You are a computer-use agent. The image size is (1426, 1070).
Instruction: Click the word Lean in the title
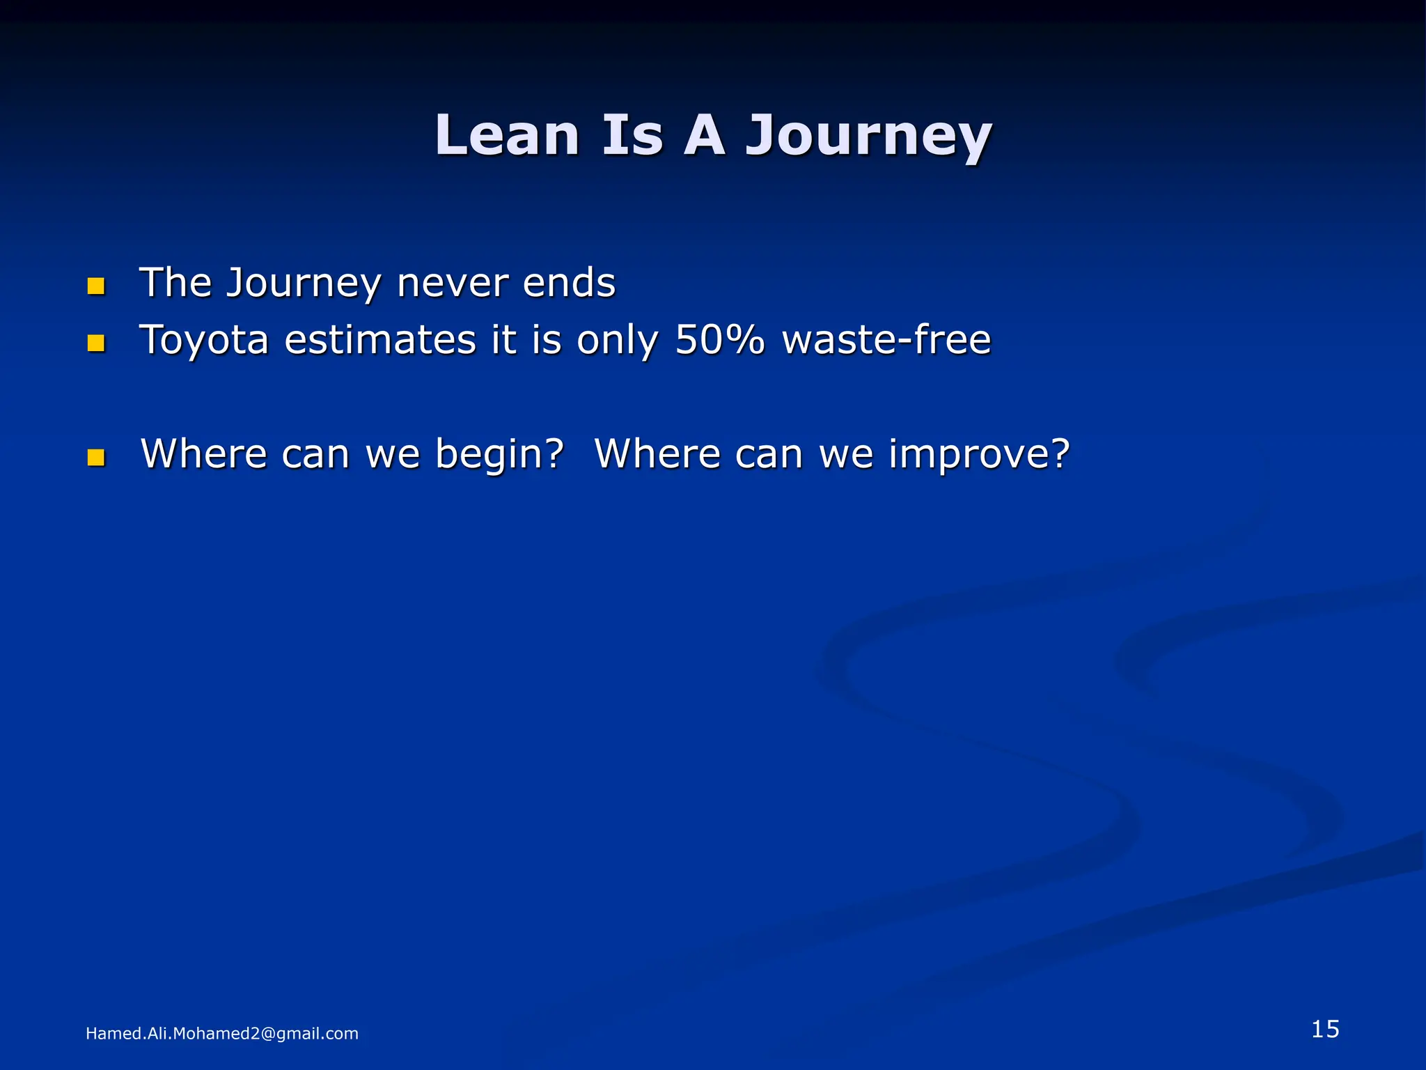pos(507,135)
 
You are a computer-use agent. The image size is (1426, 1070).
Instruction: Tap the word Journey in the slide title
pos(869,138)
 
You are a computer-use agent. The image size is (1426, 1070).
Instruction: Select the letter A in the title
pos(704,135)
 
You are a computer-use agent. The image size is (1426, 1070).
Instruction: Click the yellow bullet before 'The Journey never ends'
pos(96,286)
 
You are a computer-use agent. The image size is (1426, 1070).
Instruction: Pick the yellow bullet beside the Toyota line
pos(96,343)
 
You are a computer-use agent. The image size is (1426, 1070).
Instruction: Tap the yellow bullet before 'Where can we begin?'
pos(96,457)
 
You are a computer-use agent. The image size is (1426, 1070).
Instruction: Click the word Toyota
pos(204,341)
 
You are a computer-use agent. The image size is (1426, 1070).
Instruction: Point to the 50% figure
pos(720,340)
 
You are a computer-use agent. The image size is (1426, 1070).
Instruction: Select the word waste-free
pos(886,340)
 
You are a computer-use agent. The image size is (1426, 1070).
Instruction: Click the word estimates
pos(380,340)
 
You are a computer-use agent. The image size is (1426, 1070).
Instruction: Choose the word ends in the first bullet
pos(569,283)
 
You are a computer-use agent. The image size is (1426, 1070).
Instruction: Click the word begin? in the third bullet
pos(499,454)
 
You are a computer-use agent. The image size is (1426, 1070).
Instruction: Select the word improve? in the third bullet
pos(979,456)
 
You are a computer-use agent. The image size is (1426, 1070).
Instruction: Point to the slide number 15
pos(1325,1029)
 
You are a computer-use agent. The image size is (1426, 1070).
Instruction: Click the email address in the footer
pos(221,1034)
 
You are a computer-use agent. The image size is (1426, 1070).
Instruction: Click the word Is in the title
pos(632,135)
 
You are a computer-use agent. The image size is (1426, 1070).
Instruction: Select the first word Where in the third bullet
pos(204,454)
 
